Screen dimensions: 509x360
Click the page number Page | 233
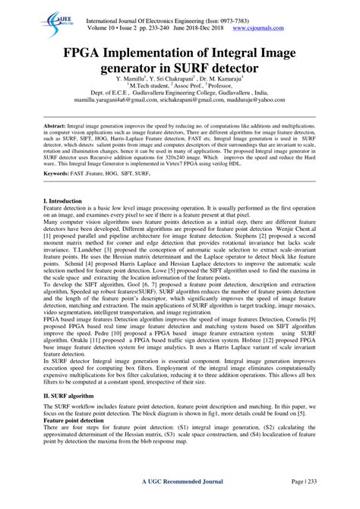click(x=300, y=503)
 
